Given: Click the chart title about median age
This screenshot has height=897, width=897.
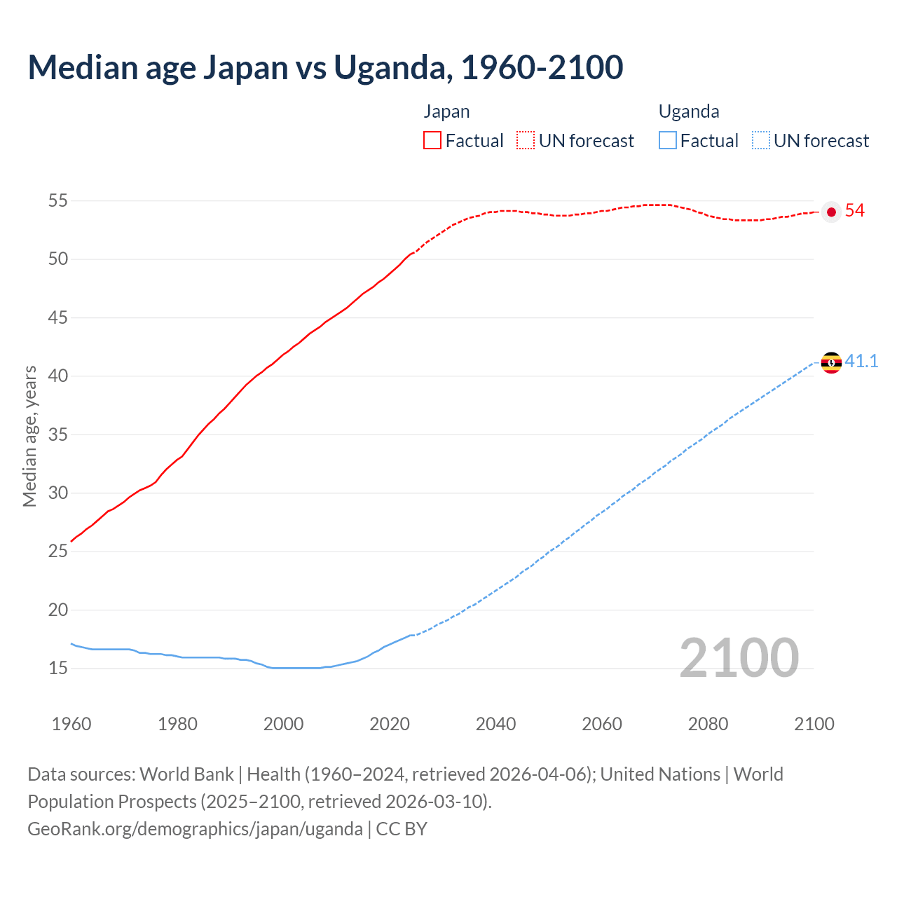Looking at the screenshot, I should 325,67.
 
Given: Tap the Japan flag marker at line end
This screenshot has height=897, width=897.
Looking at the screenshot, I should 831,212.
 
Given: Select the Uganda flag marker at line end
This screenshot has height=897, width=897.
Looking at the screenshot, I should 831,362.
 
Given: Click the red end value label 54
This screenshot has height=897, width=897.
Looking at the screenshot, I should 854,211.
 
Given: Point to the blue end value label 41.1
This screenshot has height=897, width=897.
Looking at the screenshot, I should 861,362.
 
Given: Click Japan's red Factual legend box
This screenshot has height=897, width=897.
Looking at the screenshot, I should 432,140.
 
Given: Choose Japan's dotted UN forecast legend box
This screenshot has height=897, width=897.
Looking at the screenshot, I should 526,140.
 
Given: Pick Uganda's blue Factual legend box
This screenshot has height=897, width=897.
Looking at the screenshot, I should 668,140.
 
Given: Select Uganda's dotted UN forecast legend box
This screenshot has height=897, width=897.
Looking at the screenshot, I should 760,140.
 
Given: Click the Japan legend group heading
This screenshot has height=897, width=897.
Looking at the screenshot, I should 446,111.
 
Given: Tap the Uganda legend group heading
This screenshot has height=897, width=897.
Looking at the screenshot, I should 689,111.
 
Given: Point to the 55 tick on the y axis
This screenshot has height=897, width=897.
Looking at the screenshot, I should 57,201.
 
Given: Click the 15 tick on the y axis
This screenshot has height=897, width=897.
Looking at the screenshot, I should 57,669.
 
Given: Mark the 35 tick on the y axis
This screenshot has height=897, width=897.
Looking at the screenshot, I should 57,434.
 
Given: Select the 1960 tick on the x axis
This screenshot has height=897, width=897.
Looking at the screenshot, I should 71,724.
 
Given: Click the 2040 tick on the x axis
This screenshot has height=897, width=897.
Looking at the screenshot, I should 495,724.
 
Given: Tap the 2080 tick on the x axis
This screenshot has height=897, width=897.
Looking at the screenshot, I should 708,724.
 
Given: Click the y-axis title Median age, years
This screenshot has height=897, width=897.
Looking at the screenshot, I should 29,436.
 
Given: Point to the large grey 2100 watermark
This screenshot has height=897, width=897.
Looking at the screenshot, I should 739,657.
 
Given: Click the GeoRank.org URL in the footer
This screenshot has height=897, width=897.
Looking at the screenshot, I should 195,829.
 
